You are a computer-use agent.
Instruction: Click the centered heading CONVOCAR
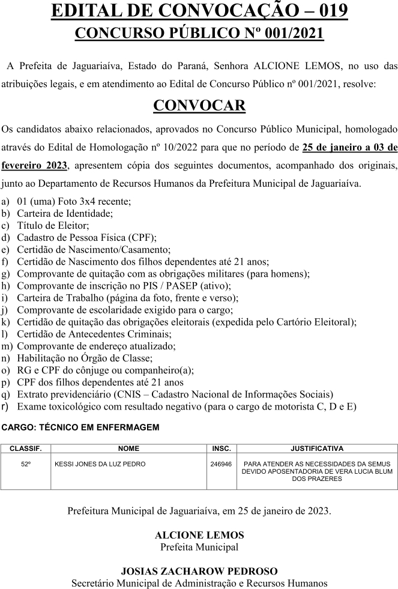199,106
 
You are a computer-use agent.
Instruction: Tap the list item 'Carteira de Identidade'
64,213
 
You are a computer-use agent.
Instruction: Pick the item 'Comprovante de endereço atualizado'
96,346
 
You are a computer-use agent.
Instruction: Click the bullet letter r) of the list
5,406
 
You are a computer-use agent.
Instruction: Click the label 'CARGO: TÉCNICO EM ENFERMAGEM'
80,427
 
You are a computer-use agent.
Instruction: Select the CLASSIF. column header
26,449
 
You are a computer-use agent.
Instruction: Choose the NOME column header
128,449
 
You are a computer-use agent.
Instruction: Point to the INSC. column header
222,449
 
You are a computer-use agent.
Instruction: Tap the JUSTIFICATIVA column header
316,449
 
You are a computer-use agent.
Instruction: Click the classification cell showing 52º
26,464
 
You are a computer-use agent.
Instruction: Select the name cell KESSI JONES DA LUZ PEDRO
100,464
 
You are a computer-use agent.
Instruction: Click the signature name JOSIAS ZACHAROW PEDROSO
199,571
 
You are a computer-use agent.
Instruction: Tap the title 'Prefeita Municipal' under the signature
199,547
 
